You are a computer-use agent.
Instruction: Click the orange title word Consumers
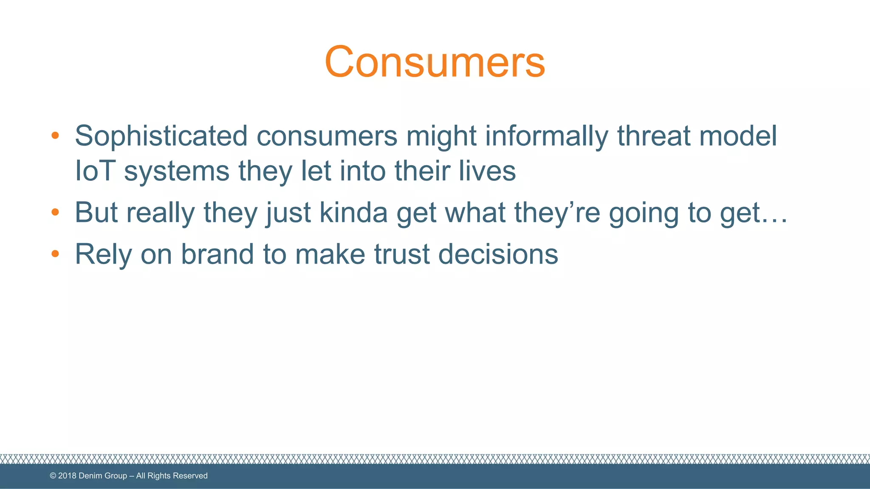tap(435, 62)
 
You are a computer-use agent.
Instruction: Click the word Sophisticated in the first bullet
tap(161, 136)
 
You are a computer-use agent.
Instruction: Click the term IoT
tap(95, 171)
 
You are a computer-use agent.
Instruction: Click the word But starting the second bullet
tap(96, 212)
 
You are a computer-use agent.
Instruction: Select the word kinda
tap(353, 212)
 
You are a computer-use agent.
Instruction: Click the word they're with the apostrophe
tap(557, 212)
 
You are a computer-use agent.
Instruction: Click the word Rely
tap(103, 255)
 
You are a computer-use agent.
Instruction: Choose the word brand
tap(217, 254)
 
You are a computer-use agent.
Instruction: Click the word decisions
tap(498, 254)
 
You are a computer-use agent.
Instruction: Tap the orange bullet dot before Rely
tap(55, 254)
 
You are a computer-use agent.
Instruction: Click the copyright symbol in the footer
tap(53, 476)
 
